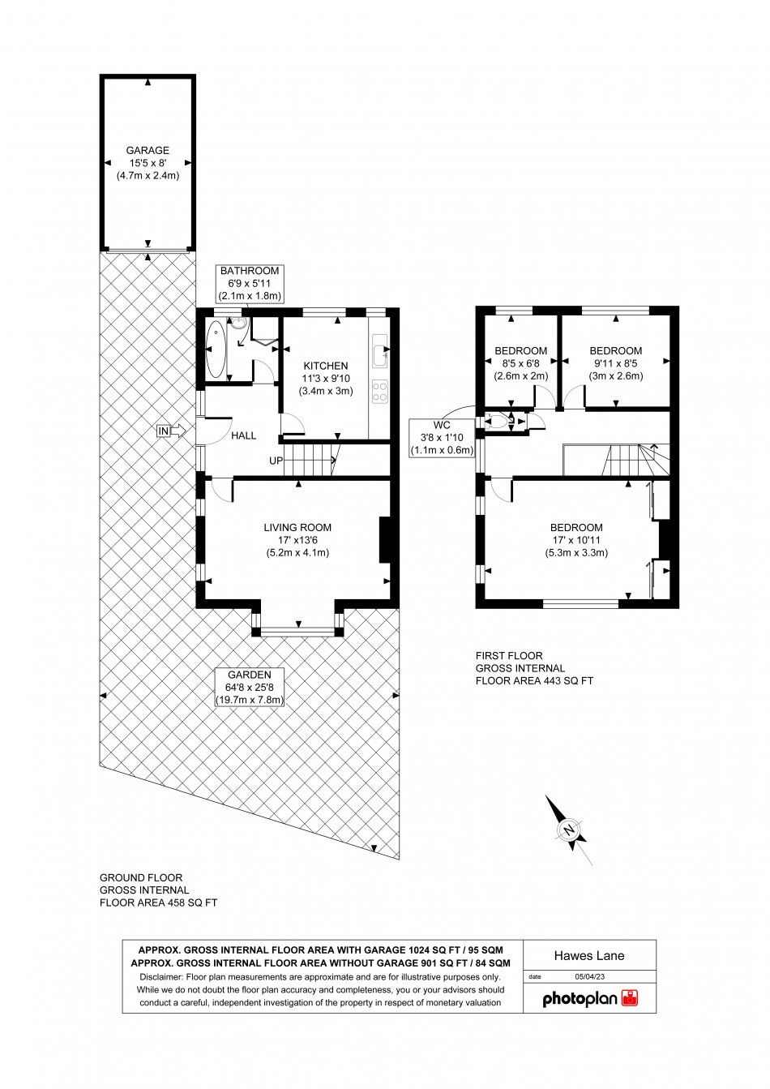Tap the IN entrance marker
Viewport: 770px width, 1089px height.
[165, 431]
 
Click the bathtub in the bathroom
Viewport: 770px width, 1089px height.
[216, 349]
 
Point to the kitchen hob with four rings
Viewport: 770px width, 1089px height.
[379, 392]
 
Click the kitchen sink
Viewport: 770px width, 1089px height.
[379, 353]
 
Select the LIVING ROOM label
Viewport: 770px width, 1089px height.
[297, 527]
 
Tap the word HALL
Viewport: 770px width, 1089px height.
[243, 435]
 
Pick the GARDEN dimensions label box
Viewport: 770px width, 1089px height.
[249, 687]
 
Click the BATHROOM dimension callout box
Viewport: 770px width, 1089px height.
[249, 283]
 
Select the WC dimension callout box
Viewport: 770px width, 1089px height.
[442, 438]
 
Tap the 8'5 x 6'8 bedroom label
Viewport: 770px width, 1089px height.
[520, 363]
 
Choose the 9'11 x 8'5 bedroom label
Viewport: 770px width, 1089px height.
[615, 363]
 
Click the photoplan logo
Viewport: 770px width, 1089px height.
[589, 999]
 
